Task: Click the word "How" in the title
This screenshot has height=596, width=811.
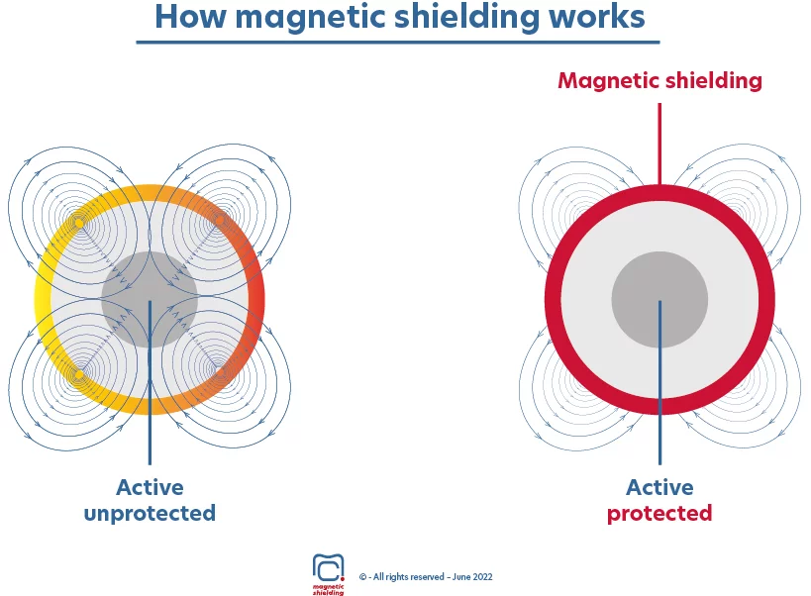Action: (190, 17)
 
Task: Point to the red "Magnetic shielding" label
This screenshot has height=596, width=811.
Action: (659, 81)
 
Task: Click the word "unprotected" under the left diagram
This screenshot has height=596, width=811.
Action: (150, 514)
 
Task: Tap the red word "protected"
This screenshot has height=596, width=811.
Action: (659, 514)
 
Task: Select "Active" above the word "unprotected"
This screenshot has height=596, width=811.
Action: (150, 487)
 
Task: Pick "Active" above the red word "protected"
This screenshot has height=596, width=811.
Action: (659, 487)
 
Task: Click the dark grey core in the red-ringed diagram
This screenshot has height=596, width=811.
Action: (659, 300)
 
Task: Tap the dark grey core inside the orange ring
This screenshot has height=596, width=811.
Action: (150, 300)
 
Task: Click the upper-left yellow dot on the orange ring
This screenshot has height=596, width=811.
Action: (79, 223)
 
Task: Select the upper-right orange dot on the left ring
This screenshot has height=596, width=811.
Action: (221, 221)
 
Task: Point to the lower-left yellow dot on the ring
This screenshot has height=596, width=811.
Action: (79, 374)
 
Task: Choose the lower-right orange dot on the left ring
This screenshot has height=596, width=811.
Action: (219, 372)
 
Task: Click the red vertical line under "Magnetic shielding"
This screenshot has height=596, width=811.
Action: (659, 144)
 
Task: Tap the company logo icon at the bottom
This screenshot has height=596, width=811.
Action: (328, 568)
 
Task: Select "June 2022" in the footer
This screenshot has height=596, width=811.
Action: (472, 577)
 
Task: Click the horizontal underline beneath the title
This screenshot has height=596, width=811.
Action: (398, 42)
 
